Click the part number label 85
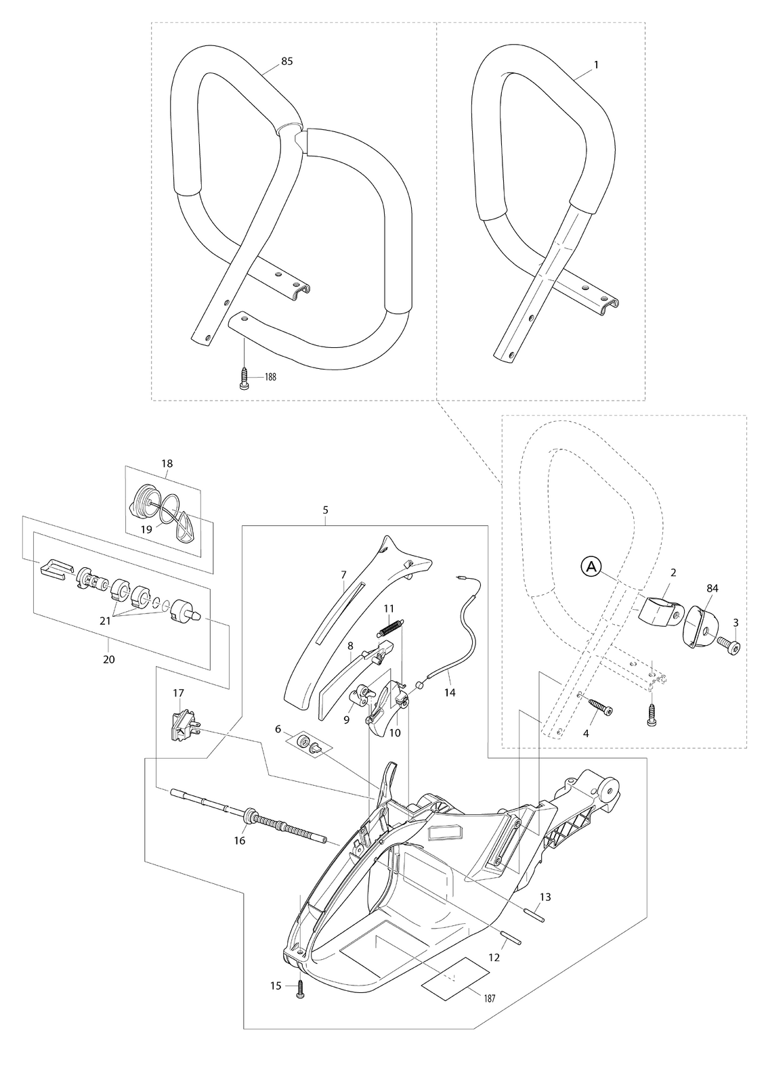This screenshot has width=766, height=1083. click(287, 62)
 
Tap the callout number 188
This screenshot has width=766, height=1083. click(270, 377)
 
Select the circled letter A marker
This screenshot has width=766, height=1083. click(591, 567)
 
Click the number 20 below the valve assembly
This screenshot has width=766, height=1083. click(109, 659)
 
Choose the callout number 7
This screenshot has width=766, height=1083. click(343, 575)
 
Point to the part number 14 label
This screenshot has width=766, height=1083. click(450, 693)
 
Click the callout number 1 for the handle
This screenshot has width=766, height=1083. click(596, 64)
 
